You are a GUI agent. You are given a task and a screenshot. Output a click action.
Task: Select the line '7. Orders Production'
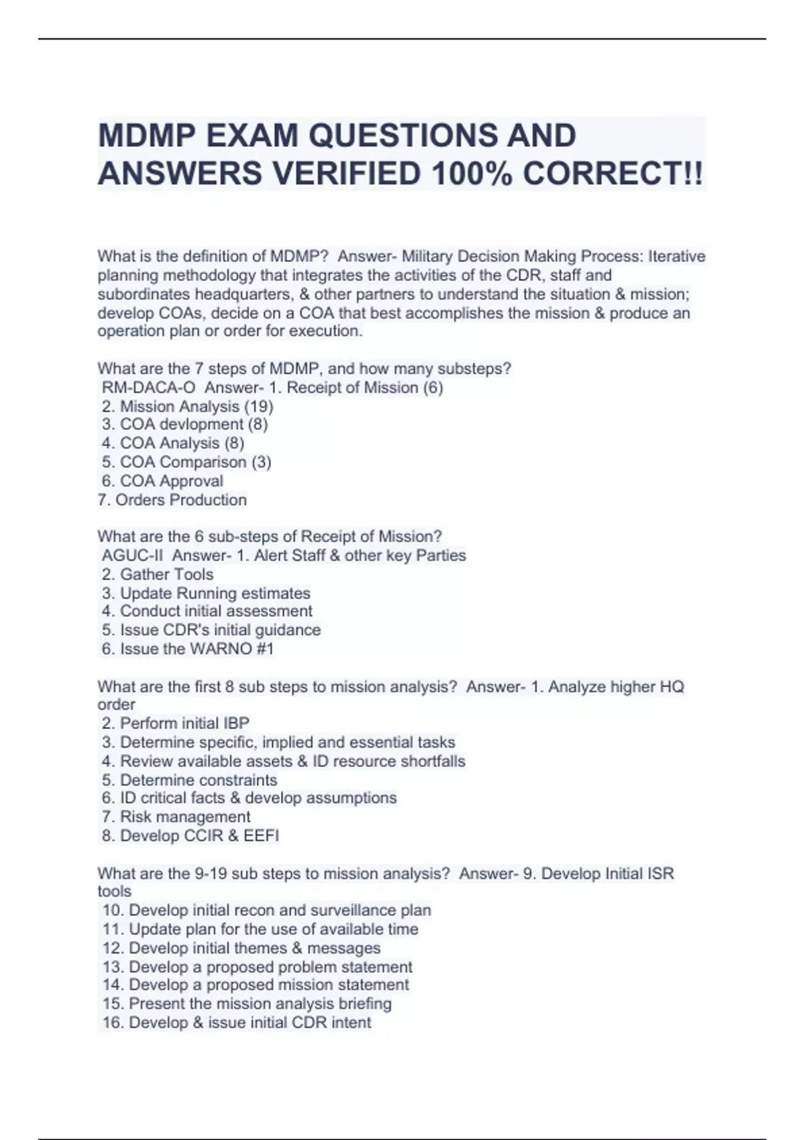tap(172, 500)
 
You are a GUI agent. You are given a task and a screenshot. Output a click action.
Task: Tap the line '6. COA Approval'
tap(163, 481)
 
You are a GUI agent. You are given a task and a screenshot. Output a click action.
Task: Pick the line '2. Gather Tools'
tap(158, 574)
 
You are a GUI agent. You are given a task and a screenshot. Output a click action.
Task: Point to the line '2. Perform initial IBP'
tap(176, 723)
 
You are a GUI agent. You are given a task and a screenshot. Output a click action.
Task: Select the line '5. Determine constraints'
tap(190, 780)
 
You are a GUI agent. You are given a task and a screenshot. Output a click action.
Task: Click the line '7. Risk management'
tap(176, 817)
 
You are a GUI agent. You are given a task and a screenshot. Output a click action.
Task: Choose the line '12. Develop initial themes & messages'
tap(241, 948)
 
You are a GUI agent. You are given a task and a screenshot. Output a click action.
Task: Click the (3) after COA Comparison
tap(261, 462)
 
